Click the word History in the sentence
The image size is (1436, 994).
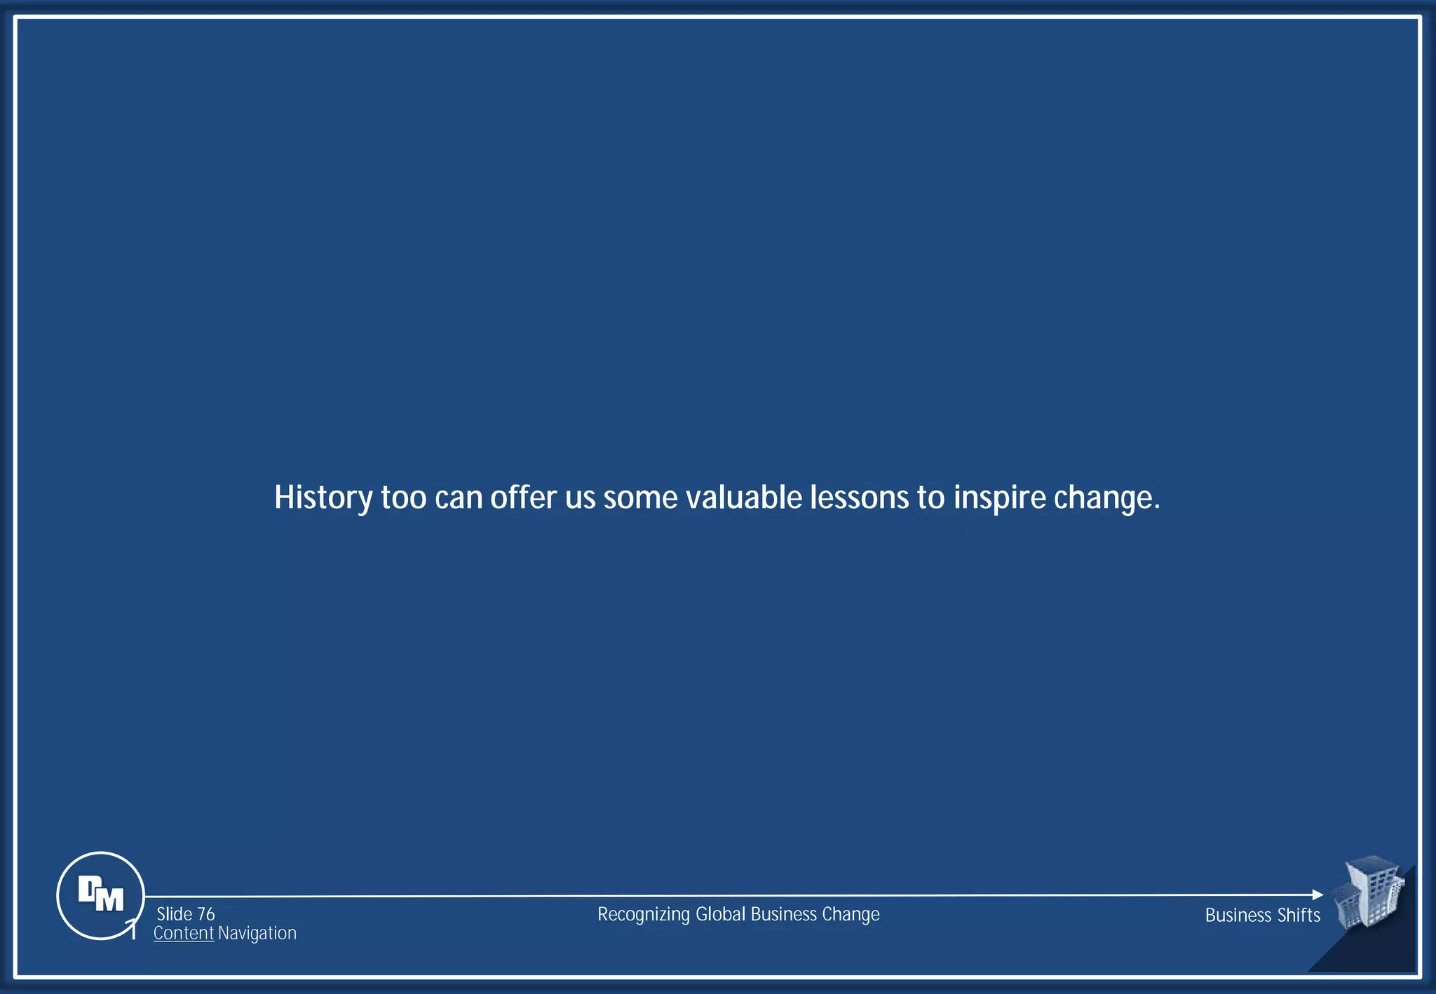coord(323,498)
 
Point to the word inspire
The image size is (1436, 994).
coord(999,498)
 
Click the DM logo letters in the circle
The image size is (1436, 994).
coord(100,894)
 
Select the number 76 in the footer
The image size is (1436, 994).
coord(205,914)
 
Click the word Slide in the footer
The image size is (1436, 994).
coord(175,914)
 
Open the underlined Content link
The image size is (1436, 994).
coord(183,933)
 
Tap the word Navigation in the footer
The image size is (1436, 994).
coord(257,933)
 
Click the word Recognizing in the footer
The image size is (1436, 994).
coord(643,915)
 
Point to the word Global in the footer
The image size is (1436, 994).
coord(720,915)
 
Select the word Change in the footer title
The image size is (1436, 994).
coord(851,915)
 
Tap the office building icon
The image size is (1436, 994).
coord(1369,892)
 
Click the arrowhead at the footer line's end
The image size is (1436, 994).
coord(1317,895)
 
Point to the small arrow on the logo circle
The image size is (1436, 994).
coord(131,927)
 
